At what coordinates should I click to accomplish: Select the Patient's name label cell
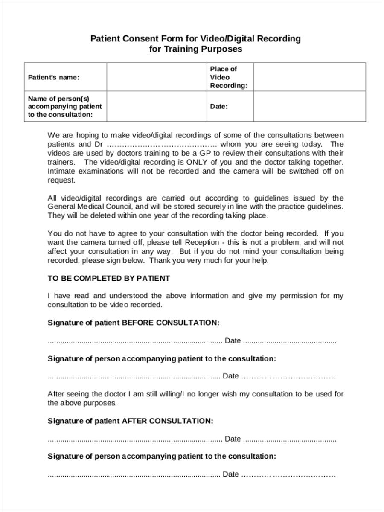tap(54, 77)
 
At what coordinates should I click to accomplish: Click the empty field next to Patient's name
tap(156, 77)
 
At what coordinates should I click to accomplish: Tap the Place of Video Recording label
tap(228, 77)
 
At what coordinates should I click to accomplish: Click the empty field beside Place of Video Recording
tap(309, 77)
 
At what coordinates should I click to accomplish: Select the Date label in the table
tap(218, 106)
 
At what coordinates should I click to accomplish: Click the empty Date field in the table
tap(309, 106)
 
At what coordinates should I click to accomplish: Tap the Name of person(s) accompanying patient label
tap(65, 106)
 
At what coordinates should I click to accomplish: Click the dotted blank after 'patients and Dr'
tap(162, 145)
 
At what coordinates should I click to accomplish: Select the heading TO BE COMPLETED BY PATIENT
tap(108, 278)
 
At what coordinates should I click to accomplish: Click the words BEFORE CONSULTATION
tap(171, 323)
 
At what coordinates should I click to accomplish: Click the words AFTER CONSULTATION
tap(167, 421)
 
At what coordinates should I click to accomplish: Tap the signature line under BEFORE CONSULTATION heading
tap(134, 341)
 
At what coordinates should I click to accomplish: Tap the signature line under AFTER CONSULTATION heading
tap(134, 439)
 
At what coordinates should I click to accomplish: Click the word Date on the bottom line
tap(231, 474)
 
